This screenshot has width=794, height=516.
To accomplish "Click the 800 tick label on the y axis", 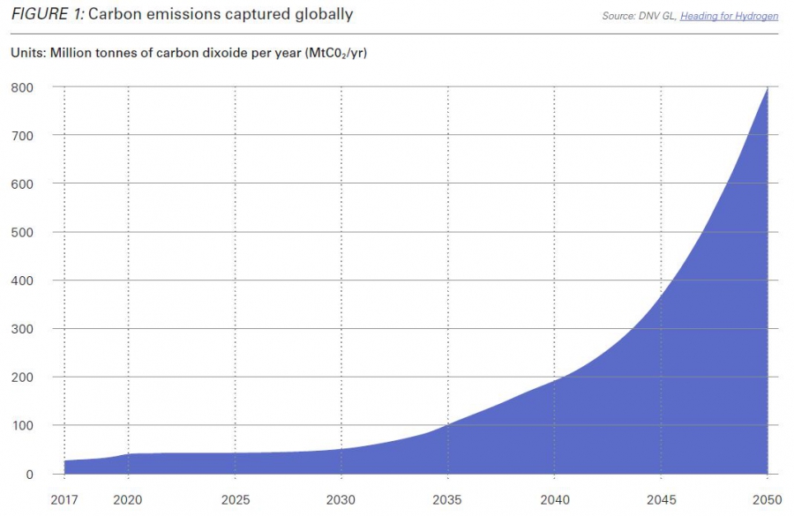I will [x=22, y=87].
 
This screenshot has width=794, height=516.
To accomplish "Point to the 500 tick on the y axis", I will [x=22, y=233].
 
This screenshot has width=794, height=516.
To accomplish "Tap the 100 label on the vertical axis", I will [x=22, y=426].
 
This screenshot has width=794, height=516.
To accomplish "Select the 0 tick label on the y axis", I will [x=29, y=475].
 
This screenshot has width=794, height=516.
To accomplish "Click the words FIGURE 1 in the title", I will [x=48, y=13].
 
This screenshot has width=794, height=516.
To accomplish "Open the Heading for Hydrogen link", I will [x=730, y=16].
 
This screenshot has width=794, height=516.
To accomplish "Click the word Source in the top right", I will [x=618, y=16].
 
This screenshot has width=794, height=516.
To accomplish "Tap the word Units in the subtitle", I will [x=27, y=53].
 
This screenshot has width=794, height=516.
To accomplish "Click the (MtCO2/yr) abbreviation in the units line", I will [x=336, y=53].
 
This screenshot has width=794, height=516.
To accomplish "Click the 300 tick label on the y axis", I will [x=22, y=329].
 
